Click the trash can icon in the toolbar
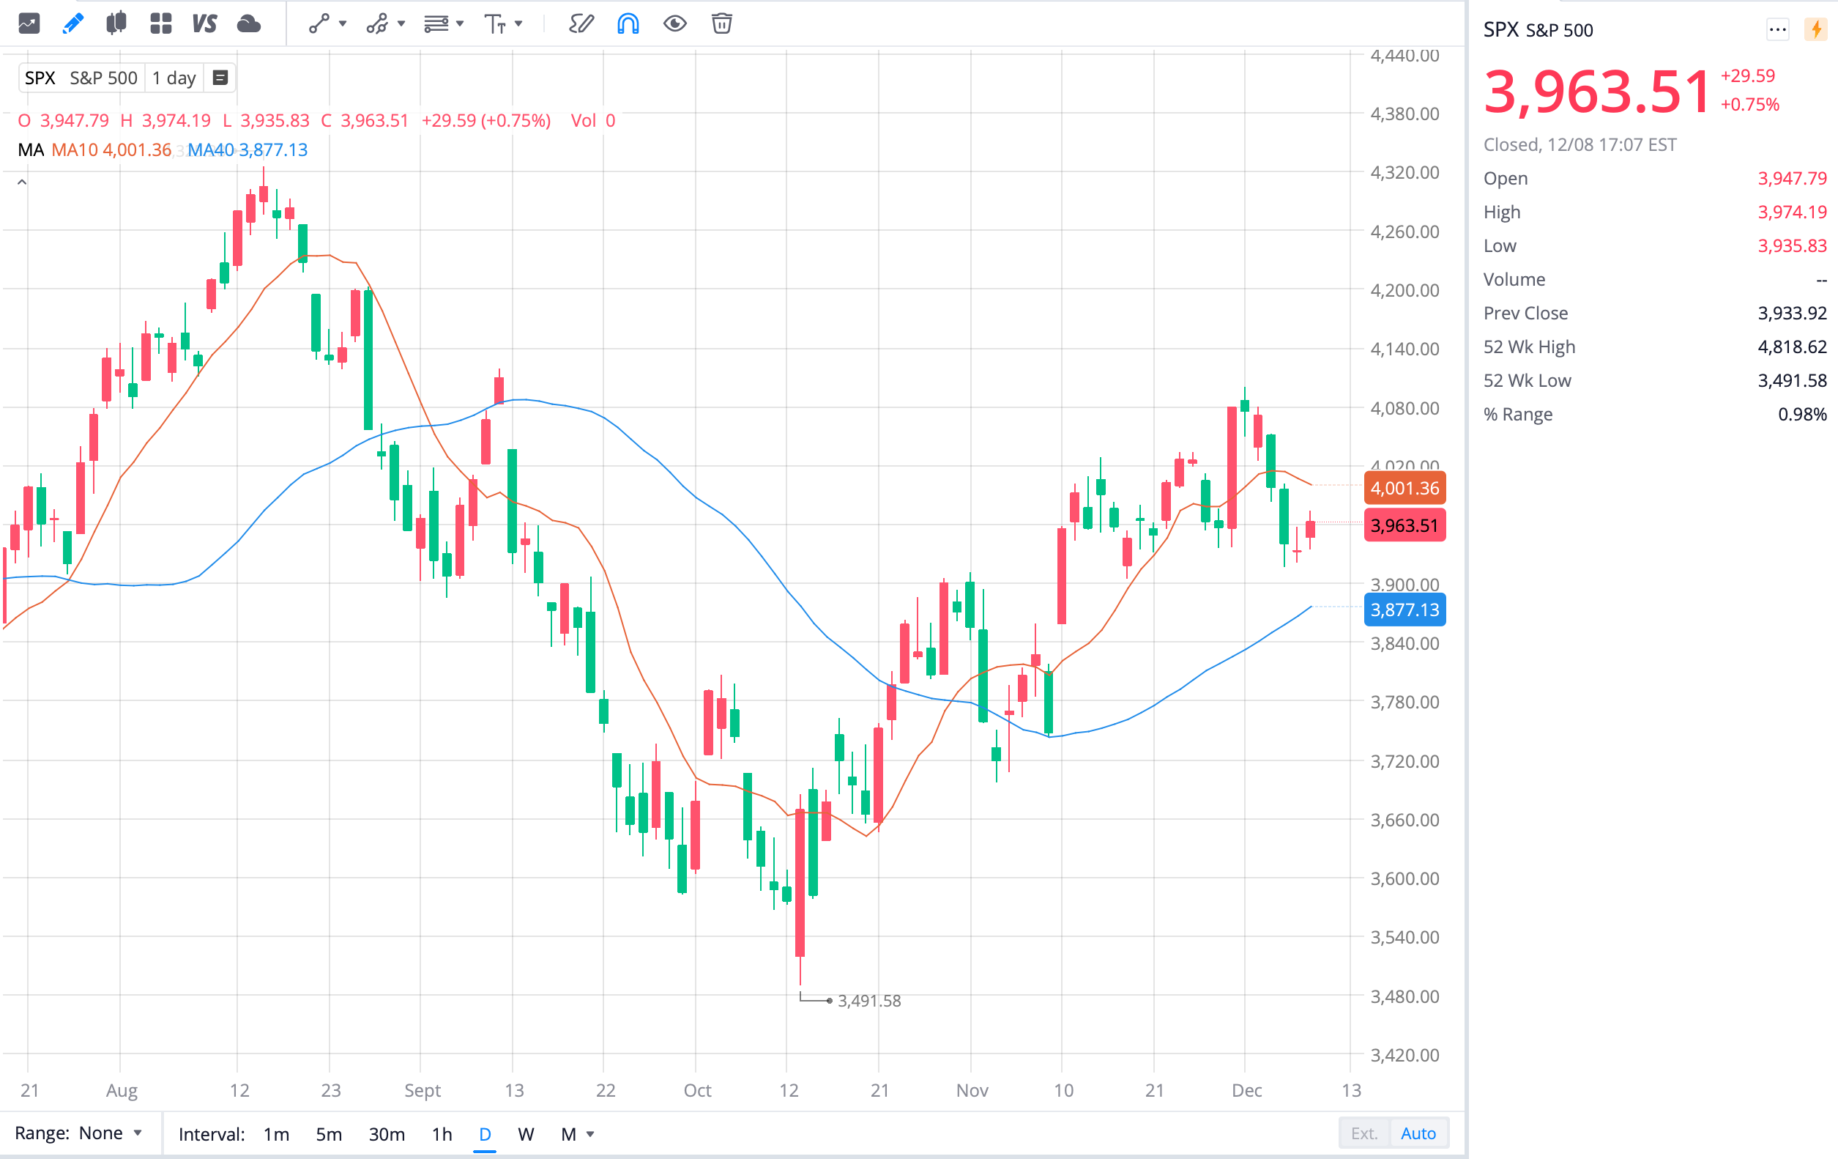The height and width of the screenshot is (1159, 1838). click(x=721, y=23)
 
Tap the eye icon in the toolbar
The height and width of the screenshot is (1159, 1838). click(x=674, y=23)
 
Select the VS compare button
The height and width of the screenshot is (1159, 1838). click(x=204, y=23)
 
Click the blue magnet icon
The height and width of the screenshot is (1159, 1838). click(x=628, y=23)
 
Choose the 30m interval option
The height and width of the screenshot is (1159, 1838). click(x=386, y=1134)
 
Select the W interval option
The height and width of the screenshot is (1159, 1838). click(x=525, y=1134)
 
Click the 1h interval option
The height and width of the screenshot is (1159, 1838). click(x=441, y=1134)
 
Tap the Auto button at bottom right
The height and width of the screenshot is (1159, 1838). click(x=1418, y=1133)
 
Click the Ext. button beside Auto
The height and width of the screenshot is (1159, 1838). click(x=1364, y=1133)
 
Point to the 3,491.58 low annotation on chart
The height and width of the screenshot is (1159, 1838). click(x=868, y=1000)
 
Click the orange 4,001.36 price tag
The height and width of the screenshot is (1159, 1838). click(x=1404, y=488)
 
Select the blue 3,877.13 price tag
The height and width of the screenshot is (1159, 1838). click(x=1404, y=610)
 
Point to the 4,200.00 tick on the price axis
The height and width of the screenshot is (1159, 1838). click(x=1404, y=290)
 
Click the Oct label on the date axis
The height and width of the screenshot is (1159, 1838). click(x=697, y=1090)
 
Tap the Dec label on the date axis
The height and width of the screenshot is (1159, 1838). click(x=1246, y=1090)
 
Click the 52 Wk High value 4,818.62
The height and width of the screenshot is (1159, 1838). click(x=1791, y=347)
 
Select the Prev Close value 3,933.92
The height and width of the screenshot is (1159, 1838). click(x=1791, y=313)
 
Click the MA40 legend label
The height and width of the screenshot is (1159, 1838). click(x=211, y=149)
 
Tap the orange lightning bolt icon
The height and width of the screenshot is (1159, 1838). click(x=1816, y=30)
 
